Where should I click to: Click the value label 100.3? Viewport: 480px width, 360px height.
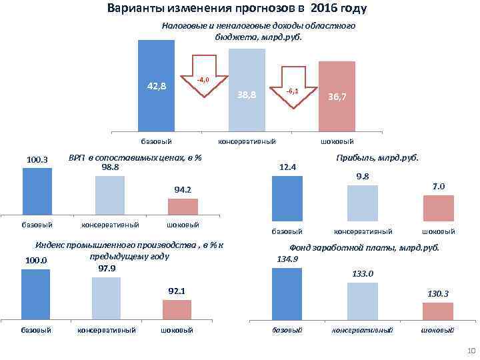pyautogui.click(x=37, y=159)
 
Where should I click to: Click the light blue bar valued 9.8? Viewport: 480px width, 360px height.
pyautogui.click(x=363, y=203)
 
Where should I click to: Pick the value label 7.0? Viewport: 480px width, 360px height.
pyautogui.click(x=439, y=186)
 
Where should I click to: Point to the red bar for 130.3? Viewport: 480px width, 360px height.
pyautogui.click(x=438, y=311)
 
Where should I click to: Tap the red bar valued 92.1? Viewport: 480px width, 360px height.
pyautogui.click(x=177, y=309)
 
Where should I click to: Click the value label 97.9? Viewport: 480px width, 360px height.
pyautogui.click(x=107, y=268)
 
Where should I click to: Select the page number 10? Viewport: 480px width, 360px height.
pyautogui.click(x=471, y=351)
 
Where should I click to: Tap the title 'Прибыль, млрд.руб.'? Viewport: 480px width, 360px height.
pyautogui.click(x=379, y=158)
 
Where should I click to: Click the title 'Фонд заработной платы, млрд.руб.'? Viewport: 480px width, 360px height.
pyautogui.click(x=363, y=247)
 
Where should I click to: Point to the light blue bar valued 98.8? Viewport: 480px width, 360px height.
pyautogui.click(x=110, y=195)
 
